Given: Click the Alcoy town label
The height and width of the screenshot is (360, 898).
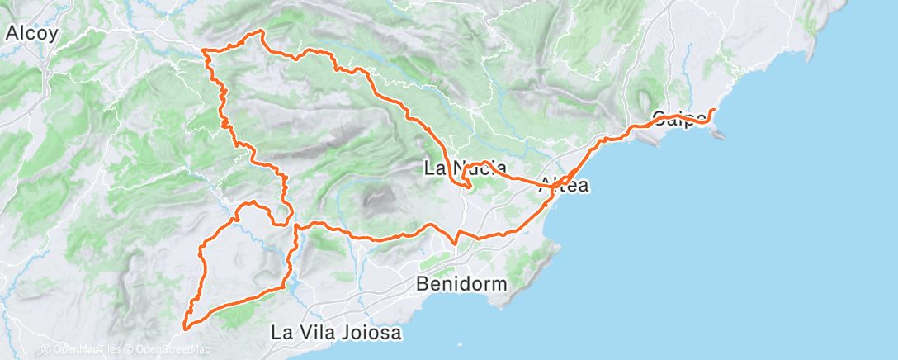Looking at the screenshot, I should pos(32,34).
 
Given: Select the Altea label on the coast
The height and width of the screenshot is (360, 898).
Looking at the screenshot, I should pos(563,187).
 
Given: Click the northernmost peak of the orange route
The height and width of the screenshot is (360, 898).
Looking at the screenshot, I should pos(262,31).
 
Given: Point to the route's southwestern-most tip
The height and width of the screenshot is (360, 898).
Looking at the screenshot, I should pos(183,328).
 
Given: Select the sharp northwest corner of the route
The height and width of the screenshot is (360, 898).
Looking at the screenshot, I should pos(205,52).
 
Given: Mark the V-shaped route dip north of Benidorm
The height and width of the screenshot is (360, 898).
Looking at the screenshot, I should pos(456,242).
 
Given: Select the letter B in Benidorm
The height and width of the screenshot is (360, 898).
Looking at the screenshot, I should pos(423,283).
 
